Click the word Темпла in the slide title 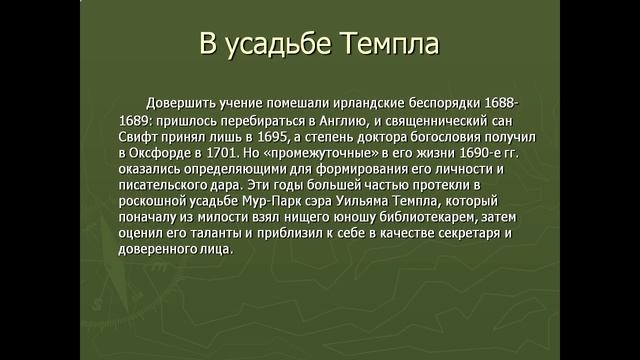coord(389,45)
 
